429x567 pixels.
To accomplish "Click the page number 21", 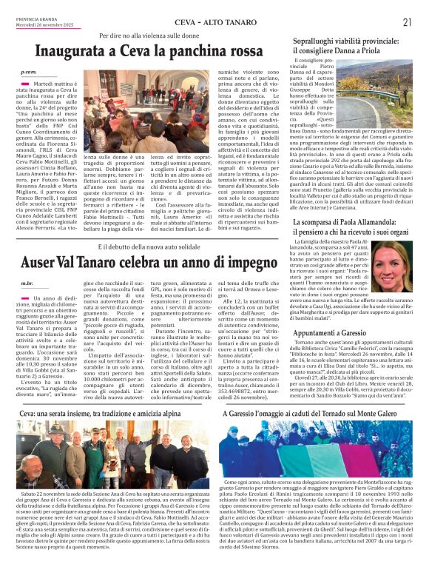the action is click(407, 22).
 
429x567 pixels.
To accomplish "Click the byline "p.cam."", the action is click(29, 72).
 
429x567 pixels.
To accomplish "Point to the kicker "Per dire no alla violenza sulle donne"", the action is click(151, 35).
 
